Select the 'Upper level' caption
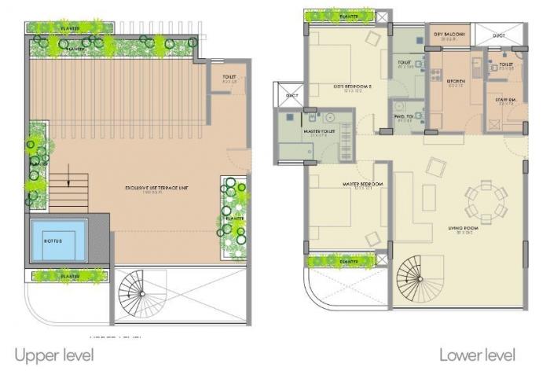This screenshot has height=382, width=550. click(x=53, y=355)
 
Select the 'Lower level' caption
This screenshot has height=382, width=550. click(x=477, y=355)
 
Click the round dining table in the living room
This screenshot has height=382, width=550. click(x=481, y=200)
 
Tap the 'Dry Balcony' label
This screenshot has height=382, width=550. click(x=449, y=35)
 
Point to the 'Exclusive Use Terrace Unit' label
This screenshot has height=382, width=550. click(x=156, y=188)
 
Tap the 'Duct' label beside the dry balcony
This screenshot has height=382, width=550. click(x=499, y=35)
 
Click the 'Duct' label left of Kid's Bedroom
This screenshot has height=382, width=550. click(x=292, y=96)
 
